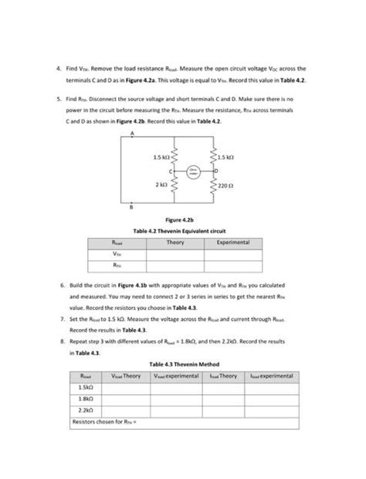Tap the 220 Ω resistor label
(x=225, y=185)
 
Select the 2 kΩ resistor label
(x=161, y=185)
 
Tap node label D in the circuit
(x=216, y=169)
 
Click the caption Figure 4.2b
(x=182, y=220)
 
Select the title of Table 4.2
(x=182, y=231)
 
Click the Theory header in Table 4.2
(x=175, y=243)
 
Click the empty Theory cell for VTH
(x=175, y=253)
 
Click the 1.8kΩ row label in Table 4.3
(x=86, y=399)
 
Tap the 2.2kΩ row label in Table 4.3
(x=86, y=411)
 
